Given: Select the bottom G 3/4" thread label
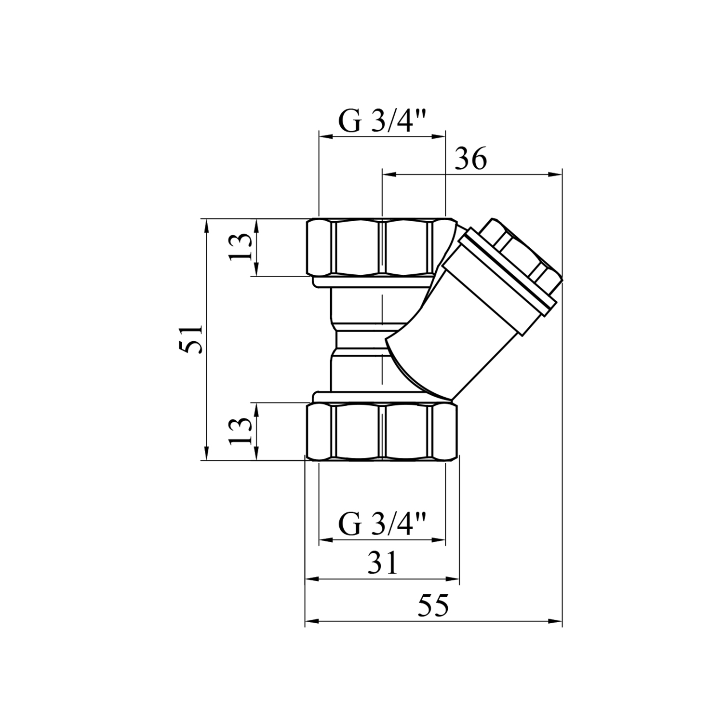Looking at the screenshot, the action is click(382, 524).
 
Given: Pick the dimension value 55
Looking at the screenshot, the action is click(433, 605).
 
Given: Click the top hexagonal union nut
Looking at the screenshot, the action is click(382, 247).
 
